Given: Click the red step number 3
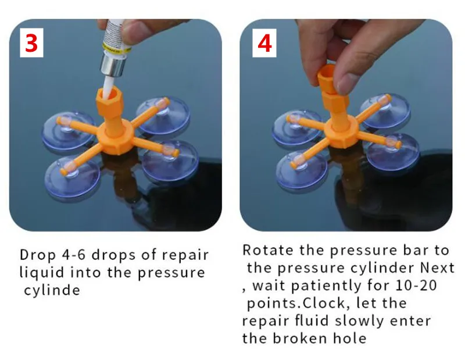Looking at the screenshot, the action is tap(31, 43).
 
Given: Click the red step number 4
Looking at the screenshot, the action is tap(264, 44).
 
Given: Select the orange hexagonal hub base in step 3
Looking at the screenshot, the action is tap(113, 140).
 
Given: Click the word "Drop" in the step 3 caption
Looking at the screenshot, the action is tap(38, 255).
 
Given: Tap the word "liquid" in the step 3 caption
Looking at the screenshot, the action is tap(41, 272).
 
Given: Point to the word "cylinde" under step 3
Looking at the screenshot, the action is tap(52, 290).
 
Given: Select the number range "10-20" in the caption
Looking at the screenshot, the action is tap(416, 285).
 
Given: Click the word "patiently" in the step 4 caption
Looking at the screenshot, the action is tap(326, 286).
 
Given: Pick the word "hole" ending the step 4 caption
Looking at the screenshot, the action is tap(350, 338).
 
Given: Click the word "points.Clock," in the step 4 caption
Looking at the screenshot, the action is tap(296, 304).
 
